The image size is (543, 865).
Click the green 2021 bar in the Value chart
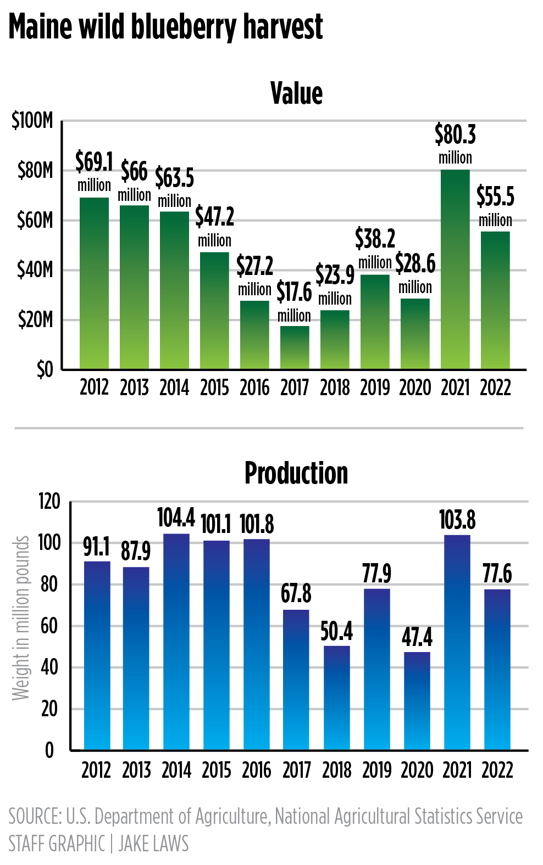coord(455,269)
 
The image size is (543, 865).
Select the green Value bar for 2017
coord(295,347)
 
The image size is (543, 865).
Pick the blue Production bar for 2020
coord(417,700)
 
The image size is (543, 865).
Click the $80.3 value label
coord(455,134)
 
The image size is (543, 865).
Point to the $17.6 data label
coord(294,292)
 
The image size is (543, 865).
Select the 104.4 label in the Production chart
coord(176,518)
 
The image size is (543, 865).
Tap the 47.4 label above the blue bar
coord(417,637)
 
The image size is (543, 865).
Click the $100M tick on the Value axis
coord(32,121)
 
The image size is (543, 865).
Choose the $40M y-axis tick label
coord(35,270)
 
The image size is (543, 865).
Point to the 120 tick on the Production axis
coord(49,502)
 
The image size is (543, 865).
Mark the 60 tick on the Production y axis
coord(49,626)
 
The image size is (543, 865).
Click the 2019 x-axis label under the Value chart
coord(375,387)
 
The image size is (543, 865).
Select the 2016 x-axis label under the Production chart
coord(257,770)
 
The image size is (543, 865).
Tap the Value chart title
coord(296,93)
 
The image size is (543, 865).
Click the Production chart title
coord(296,473)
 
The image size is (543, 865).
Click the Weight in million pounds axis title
coord(21,618)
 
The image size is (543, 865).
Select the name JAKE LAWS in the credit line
coord(153,844)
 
